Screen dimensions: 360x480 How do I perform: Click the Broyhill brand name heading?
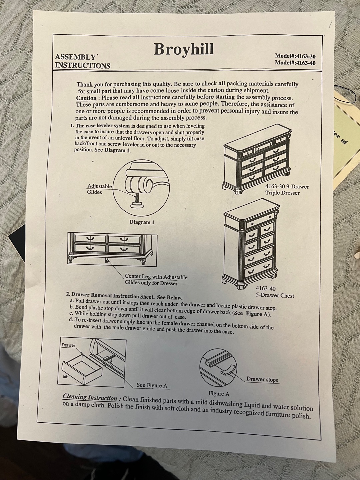point(184,49)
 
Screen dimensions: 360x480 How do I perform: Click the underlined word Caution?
point(86,98)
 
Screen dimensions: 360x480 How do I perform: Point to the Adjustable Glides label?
point(100,189)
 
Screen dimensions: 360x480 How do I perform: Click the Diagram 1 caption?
point(142,222)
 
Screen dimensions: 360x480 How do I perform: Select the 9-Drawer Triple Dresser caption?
point(287,190)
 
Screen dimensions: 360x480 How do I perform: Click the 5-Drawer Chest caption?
point(275,292)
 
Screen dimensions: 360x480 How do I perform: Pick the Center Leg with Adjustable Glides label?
point(156,280)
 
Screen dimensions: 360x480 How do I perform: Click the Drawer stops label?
point(262,379)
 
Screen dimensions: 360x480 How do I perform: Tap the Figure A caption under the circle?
point(219,394)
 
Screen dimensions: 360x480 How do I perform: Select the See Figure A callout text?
point(152,385)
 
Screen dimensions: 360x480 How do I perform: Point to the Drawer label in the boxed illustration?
point(68,345)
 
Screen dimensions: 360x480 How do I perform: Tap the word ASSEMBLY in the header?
point(76,57)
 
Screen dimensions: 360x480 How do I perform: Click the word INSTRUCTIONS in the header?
point(83,65)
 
